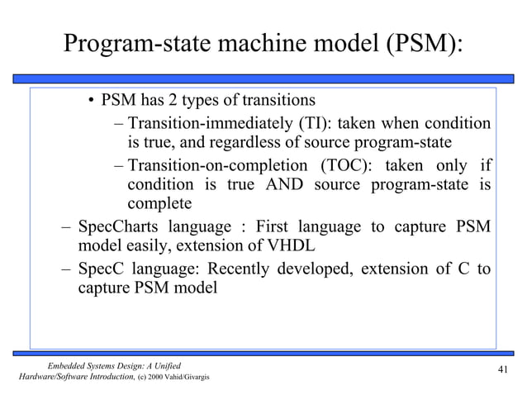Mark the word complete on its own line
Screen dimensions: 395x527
(x=159, y=203)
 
